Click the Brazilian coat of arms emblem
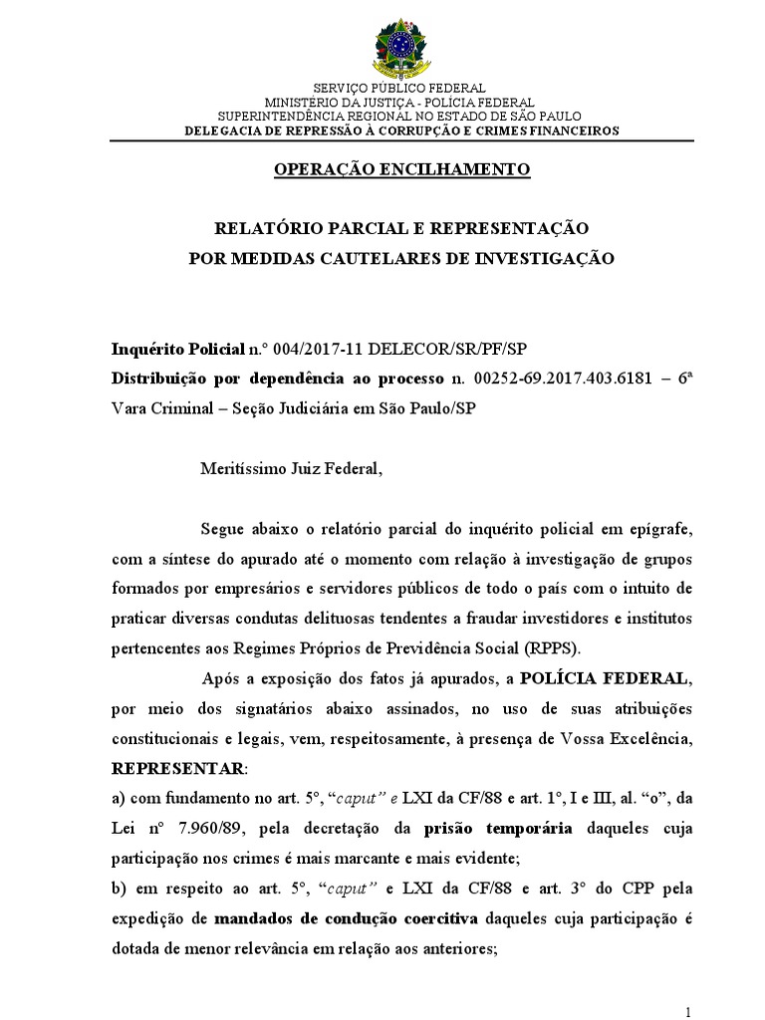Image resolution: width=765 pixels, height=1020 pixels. [402, 47]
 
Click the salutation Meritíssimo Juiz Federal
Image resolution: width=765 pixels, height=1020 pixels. [291, 468]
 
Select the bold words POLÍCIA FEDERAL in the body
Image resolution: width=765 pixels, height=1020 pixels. [618, 679]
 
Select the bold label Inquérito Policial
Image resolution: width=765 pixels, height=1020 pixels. [176, 351]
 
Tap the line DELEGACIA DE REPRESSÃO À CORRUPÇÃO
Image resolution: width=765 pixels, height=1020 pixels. [402, 130]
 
